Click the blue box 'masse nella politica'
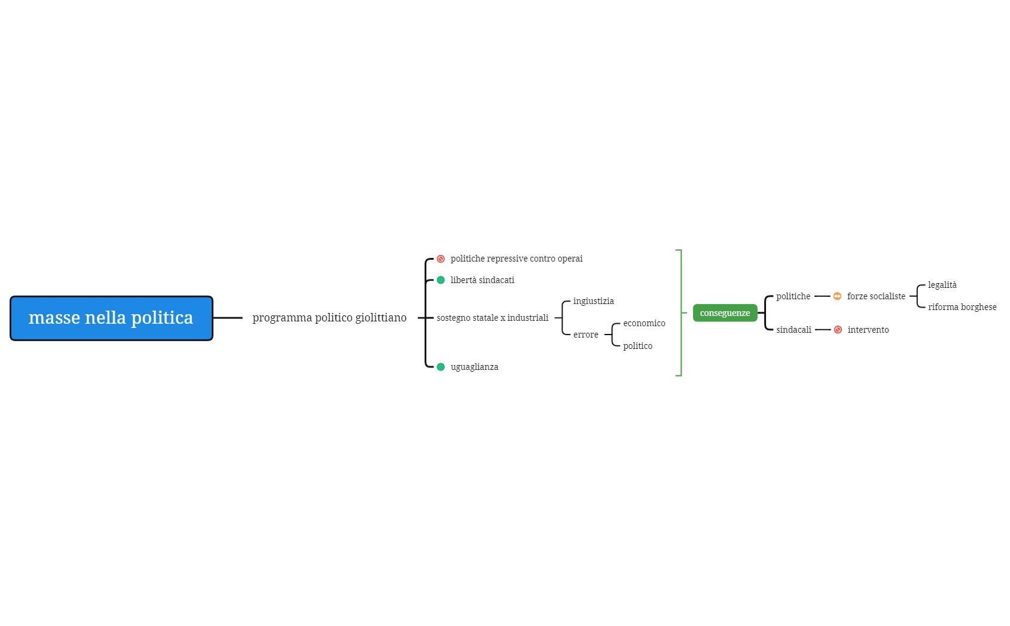(111, 318)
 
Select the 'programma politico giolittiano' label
(329, 318)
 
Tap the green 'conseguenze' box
(725, 313)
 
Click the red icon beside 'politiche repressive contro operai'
(441, 259)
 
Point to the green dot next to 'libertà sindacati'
(441, 280)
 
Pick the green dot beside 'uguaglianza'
(441, 367)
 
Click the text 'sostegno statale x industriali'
(492, 318)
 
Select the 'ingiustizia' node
(593, 301)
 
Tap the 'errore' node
(585, 335)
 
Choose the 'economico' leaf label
(644, 323)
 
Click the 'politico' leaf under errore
(637, 346)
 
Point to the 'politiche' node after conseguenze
(793, 296)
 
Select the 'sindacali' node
(794, 330)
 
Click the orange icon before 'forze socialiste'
(837, 296)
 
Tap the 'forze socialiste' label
(876, 296)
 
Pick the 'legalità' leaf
(942, 285)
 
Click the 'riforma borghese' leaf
(962, 307)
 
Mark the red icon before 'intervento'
(838, 330)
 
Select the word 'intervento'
(868, 330)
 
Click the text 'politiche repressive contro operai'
(516, 259)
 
